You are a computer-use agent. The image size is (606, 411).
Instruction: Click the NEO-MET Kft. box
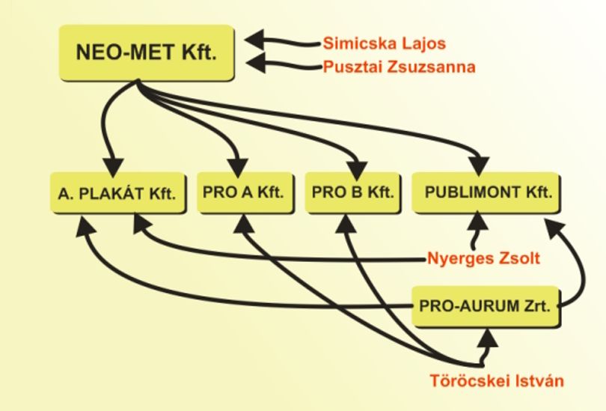click(147, 52)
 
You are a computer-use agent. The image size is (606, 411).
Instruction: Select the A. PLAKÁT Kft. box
click(118, 193)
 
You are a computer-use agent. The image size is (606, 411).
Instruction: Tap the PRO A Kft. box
click(245, 192)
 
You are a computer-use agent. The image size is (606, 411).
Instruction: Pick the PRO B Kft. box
click(352, 192)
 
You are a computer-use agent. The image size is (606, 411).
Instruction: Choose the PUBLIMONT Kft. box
click(486, 192)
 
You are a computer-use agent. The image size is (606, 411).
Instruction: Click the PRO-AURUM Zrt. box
click(486, 307)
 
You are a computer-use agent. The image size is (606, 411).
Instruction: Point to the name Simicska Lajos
click(384, 43)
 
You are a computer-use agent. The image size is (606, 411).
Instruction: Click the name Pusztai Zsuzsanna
click(399, 67)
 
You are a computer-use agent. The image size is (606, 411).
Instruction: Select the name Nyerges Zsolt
click(483, 258)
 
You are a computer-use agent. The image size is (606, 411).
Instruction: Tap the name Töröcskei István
click(497, 380)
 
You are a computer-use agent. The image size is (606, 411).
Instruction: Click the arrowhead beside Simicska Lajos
click(254, 39)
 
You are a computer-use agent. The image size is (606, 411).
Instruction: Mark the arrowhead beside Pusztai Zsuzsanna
click(256, 62)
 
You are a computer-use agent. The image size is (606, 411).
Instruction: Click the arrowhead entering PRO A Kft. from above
click(238, 168)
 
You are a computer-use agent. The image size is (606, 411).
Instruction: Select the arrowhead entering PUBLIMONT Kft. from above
click(480, 165)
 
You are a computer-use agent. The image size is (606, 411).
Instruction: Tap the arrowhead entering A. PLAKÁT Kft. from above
click(113, 168)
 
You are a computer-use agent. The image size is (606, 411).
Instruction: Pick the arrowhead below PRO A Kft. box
click(244, 223)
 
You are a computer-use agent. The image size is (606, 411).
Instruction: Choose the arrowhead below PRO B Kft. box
click(345, 223)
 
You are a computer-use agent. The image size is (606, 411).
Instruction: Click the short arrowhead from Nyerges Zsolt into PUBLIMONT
click(478, 220)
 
